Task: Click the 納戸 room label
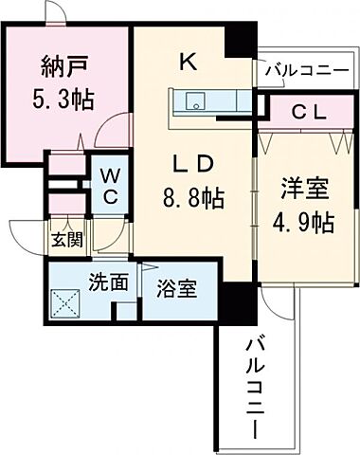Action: (65, 68)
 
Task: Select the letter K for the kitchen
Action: (189, 64)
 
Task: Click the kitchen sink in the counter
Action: (195, 101)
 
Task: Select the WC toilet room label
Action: (110, 186)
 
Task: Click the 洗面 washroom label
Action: (108, 282)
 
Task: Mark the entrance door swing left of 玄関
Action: (26, 235)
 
